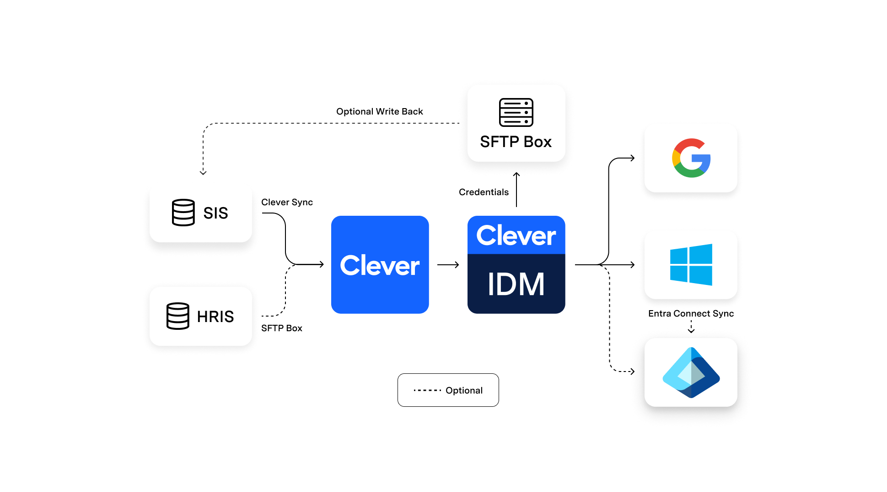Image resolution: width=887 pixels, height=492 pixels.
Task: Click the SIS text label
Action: pyautogui.click(x=215, y=213)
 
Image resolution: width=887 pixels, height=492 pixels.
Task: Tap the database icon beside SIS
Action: pyautogui.click(x=183, y=213)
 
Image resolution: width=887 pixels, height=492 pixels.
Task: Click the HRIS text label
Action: pyautogui.click(x=215, y=317)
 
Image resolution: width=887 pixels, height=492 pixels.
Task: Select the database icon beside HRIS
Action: pyautogui.click(x=178, y=316)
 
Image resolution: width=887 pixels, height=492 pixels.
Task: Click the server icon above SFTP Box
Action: pyautogui.click(x=516, y=112)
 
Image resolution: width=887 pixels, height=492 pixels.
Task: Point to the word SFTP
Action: pyautogui.click(x=499, y=142)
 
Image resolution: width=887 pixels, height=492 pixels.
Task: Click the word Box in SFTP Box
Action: pyautogui.click(x=538, y=142)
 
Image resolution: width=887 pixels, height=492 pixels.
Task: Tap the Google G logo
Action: pyautogui.click(x=691, y=158)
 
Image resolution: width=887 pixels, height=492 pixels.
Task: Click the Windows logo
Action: pyautogui.click(x=691, y=265)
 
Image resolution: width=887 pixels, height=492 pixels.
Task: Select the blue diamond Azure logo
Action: pyautogui.click(x=691, y=372)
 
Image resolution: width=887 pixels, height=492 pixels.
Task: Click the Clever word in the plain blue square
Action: pyautogui.click(x=380, y=266)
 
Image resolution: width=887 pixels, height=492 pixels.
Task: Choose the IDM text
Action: pyautogui.click(x=516, y=284)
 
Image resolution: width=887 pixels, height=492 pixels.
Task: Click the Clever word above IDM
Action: pyautogui.click(x=516, y=236)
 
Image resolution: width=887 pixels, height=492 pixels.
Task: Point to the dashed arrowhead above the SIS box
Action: pyautogui.click(x=203, y=173)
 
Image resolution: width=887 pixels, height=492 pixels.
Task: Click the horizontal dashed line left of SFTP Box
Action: pyautogui.click(x=329, y=123)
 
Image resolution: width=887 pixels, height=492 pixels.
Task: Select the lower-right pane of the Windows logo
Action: pyautogui.click(x=701, y=276)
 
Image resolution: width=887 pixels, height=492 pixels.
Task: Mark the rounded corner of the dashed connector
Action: pyautogui.click(x=205, y=126)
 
